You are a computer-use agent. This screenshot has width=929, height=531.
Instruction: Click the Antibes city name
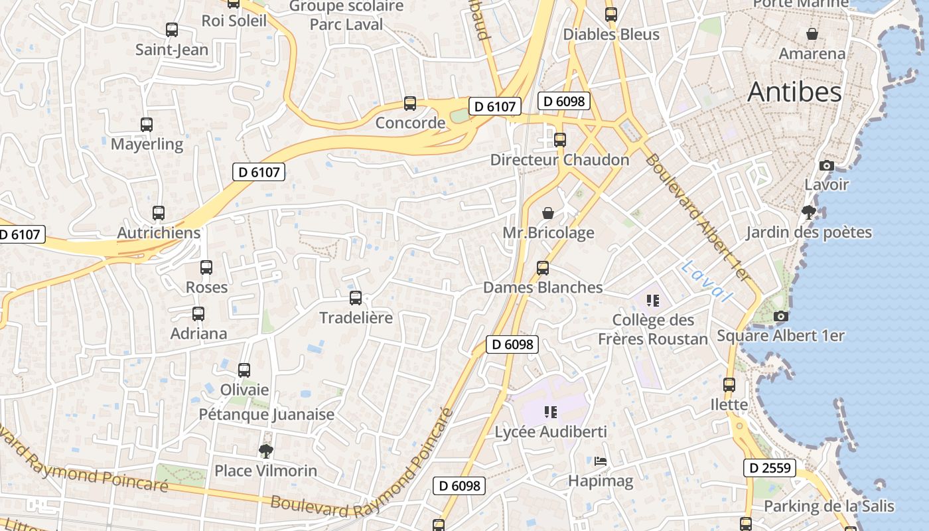coord(794,92)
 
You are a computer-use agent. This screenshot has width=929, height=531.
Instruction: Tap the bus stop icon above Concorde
coord(410,104)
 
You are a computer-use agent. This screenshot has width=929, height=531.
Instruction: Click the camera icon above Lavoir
coord(826,165)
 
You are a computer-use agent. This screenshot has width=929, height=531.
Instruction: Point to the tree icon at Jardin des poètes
coord(808,212)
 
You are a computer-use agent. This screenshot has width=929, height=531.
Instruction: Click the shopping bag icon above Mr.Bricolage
coord(548,213)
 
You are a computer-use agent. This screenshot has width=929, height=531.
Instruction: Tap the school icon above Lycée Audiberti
coord(550,412)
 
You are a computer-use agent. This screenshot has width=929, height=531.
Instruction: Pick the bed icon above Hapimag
coord(601,461)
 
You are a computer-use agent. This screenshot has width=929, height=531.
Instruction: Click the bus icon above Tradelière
coord(356,298)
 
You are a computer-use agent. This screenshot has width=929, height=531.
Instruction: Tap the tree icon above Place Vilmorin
coord(266,451)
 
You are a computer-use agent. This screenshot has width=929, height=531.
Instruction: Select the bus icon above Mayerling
coord(147,124)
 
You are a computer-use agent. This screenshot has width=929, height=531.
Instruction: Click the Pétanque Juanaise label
coord(267,415)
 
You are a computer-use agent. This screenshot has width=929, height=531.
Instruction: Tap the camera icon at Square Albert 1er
coord(780,316)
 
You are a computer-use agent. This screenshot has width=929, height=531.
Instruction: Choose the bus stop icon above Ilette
coord(729,385)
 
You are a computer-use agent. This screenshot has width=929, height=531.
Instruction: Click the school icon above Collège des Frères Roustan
coord(653,301)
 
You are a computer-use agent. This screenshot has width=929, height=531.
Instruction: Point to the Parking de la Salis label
coord(829,506)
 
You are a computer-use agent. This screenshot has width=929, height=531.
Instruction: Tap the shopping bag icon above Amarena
coord(812,34)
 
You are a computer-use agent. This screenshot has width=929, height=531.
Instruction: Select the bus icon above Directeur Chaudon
coord(560,140)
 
